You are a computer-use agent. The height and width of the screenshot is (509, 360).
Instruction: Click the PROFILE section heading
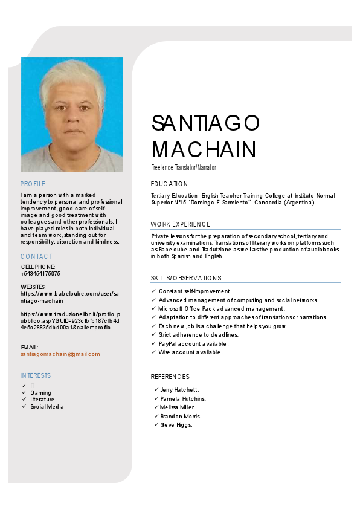(x=33, y=184)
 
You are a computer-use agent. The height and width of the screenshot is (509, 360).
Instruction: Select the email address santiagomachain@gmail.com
(x=60, y=354)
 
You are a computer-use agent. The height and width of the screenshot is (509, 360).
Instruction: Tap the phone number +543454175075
(x=40, y=274)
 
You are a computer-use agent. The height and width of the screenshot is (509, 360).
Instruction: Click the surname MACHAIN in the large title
(x=204, y=149)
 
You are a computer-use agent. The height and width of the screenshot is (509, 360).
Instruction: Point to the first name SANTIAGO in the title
(x=205, y=123)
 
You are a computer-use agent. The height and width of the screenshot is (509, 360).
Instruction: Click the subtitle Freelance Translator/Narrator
(x=183, y=167)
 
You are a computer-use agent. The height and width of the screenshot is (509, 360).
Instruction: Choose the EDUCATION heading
(x=169, y=184)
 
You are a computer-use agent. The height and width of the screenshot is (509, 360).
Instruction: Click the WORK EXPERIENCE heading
(x=181, y=224)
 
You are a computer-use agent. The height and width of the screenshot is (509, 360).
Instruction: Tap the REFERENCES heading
(x=170, y=377)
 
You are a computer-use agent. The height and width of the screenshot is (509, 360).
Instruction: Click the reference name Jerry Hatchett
(x=179, y=390)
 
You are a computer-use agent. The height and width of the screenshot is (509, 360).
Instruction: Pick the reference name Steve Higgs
(x=176, y=425)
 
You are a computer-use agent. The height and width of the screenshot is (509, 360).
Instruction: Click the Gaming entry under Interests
(x=40, y=393)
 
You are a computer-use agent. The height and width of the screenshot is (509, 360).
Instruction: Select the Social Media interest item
(x=47, y=407)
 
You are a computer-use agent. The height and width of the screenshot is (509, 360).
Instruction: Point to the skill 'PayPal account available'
(x=193, y=343)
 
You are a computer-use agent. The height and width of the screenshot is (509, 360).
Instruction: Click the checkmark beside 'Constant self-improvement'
(x=153, y=291)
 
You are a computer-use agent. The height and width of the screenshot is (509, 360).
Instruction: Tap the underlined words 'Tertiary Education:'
(x=175, y=196)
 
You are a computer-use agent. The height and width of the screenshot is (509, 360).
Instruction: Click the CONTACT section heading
(x=36, y=256)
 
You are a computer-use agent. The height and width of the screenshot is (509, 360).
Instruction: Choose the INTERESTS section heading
(x=36, y=375)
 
